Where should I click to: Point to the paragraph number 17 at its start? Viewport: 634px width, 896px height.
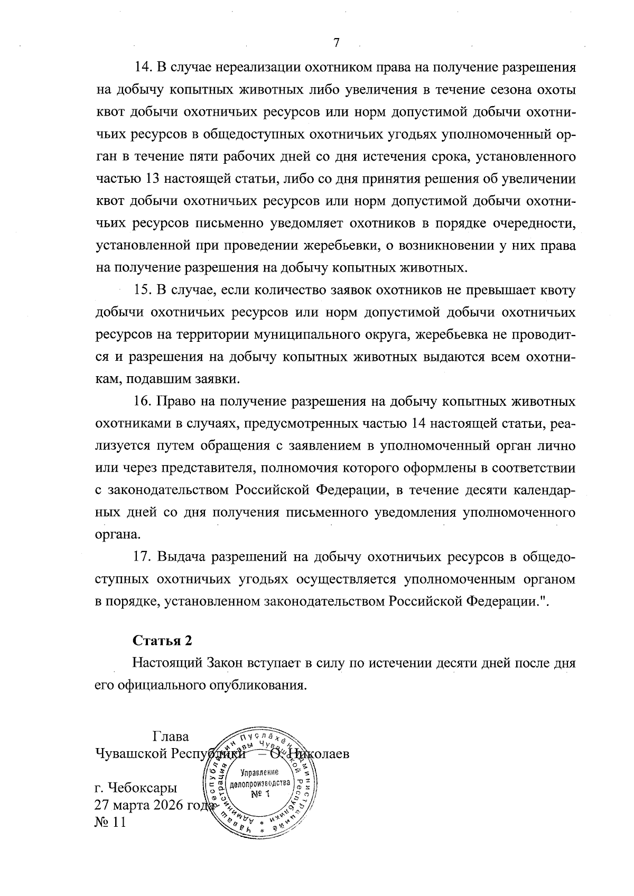143,557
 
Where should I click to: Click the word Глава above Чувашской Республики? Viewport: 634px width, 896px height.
170,736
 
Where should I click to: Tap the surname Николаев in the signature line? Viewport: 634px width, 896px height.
322,753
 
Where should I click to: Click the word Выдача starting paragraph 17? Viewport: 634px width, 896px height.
181,557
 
